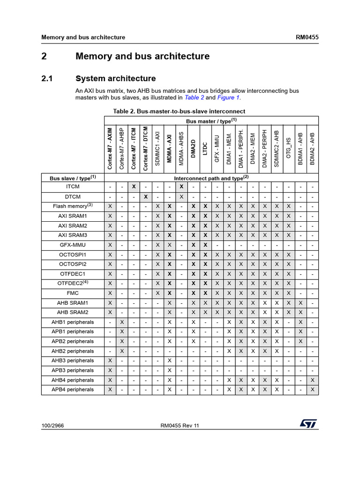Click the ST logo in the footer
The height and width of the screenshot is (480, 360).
pyautogui.click(x=309, y=423)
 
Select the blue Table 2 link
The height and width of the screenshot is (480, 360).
pyautogui.click(x=195, y=97)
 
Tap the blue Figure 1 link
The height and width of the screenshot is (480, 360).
pyautogui.click(x=228, y=97)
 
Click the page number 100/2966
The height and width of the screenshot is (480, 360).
pyautogui.click(x=52, y=426)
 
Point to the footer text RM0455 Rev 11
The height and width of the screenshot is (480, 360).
pyautogui.click(x=180, y=426)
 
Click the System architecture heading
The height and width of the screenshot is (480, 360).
pyautogui.click(x=115, y=78)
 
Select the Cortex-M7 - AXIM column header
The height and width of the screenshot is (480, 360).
pyautogui.click(x=110, y=148)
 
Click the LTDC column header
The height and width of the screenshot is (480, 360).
pyautogui.click(x=205, y=149)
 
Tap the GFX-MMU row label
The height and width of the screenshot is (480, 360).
pyautogui.click(x=73, y=245)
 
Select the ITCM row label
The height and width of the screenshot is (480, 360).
pyautogui.click(x=73, y=187)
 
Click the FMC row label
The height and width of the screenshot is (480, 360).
pyautogui.click(x=73, y=293)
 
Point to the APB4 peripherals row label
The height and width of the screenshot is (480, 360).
pyautogui.click(x=73, y=390)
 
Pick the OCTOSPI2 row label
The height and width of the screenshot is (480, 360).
pyautogui.click(x=73, y=264)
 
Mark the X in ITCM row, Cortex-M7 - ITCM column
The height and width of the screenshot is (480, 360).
pyautogui.click(x=134, y=187)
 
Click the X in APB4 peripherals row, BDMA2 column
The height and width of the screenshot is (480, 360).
pyautogui.click(x=313, y=390)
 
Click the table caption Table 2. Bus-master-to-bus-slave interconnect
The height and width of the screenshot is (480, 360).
pyautogui.click(x=179, y=111)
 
